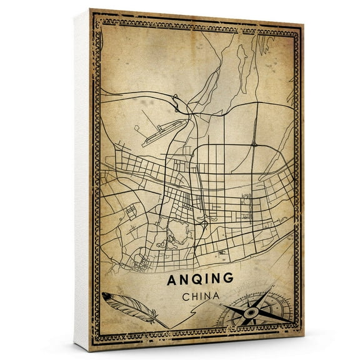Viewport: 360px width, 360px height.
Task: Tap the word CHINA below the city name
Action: click(200, 297)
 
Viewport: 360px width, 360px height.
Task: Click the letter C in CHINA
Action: click(182, 297)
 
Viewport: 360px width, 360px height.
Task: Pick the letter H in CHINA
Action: click(191, 297)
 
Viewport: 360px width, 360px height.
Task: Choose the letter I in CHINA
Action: click(199, 297)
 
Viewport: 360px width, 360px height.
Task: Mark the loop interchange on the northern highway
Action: click(177, 98)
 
